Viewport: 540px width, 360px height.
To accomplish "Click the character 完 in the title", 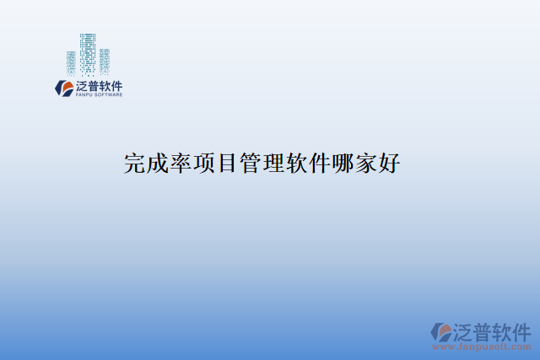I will (x=135, y=163).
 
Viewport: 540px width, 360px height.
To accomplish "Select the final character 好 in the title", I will (x=389, y=163).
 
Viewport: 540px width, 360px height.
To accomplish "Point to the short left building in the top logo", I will (x=72, y=64).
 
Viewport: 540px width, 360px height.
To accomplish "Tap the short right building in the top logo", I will (x=105, y=62).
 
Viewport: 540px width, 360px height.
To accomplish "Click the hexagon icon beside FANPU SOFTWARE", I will (x=63, y=88).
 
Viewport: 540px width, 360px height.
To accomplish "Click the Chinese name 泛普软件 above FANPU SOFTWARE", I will (x=100, y=85).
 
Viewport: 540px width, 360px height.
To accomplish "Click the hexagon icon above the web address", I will (x=442, y=331).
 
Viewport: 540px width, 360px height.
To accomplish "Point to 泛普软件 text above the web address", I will (x=493, y=330).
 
